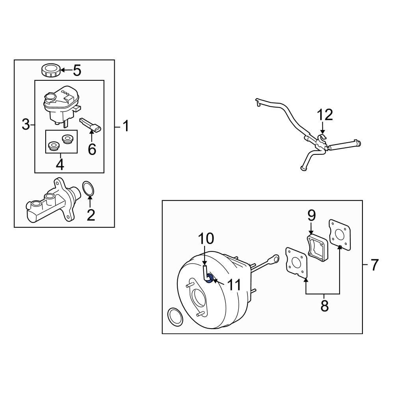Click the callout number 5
pyautogui.click(x=77, y=71)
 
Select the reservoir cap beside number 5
pyautogui.click(x=51, y=71)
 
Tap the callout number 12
pyautogui.click(x=325, y=115)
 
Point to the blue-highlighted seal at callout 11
pyautogui.click(x=210, y=279)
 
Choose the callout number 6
pyautogui.click(x=92, y=149)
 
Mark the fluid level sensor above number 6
pyautogui.click(x=91, y=125)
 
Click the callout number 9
pyautogui.click(x=312, y=216)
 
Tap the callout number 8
pyautogui.click(x=325, y=306)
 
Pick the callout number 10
pyautogui.click(x=206, y=238)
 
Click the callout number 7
pyautogui.click(x=374, y=265)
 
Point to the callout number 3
pyautogui.click(x=26, y=125)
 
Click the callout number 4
pyautogui.click(x=60, y=165)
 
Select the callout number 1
pyautogui.click(x=126, y=126)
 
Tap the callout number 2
pyautogui.click(x=91, y=215)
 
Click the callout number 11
pyautogui.click(x=234, y=285)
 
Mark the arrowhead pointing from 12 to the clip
pyautogui.click(x=323, y=132)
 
